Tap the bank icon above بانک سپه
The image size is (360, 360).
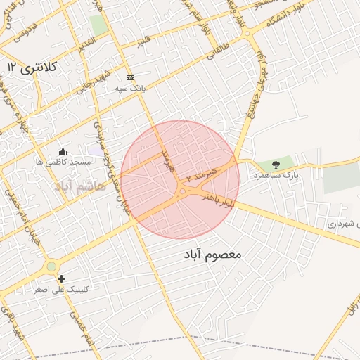[x=130, y=77]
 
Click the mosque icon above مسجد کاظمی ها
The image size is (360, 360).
[x=63, y=151]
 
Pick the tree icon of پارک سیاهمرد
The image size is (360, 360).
[x=276, y=165]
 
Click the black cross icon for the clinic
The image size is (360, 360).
[x=63, y=278]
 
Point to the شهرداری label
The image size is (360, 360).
[x=342, y=224]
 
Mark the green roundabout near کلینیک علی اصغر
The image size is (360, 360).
[x=51, y=266]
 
